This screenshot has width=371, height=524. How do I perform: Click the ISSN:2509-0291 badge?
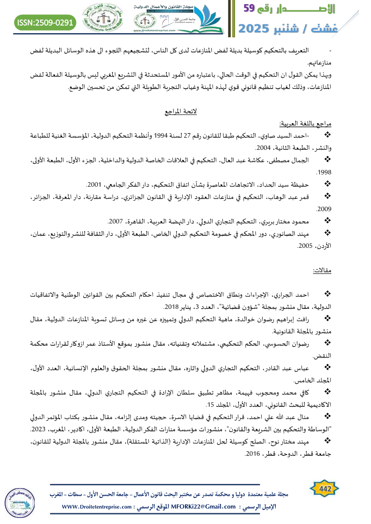[46, 22]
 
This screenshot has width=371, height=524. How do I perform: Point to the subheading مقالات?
[322, 271]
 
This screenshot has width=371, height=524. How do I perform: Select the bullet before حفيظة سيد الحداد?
[327, 184]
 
